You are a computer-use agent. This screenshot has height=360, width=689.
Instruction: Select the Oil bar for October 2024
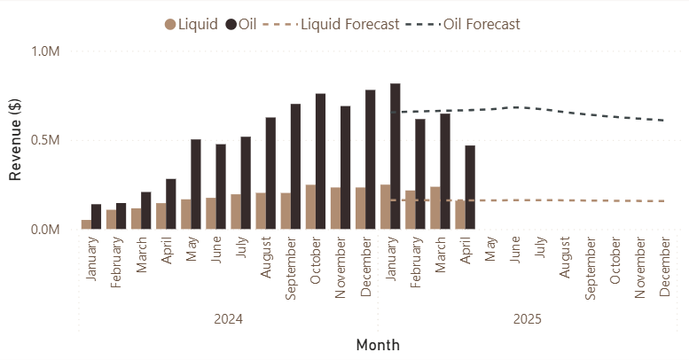[320, 161]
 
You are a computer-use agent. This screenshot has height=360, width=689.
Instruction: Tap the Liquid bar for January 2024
[86, 224]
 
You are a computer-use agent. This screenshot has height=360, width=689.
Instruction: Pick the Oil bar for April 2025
[470, 187]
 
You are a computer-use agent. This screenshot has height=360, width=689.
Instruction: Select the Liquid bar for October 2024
[310, 207]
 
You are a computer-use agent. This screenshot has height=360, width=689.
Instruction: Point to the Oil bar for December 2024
[370, 160]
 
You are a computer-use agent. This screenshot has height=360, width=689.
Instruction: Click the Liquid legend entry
[191, 24]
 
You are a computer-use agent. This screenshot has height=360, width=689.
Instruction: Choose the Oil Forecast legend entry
[474, 24]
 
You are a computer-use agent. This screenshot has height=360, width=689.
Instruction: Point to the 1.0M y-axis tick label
[44, 51]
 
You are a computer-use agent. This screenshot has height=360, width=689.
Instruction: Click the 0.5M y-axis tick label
[44, 140]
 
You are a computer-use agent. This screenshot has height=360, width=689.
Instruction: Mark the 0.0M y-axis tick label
[44, 230]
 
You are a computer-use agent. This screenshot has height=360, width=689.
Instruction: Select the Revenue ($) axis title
[15, 140]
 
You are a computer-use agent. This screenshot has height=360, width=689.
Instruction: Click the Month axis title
[378, 345]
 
